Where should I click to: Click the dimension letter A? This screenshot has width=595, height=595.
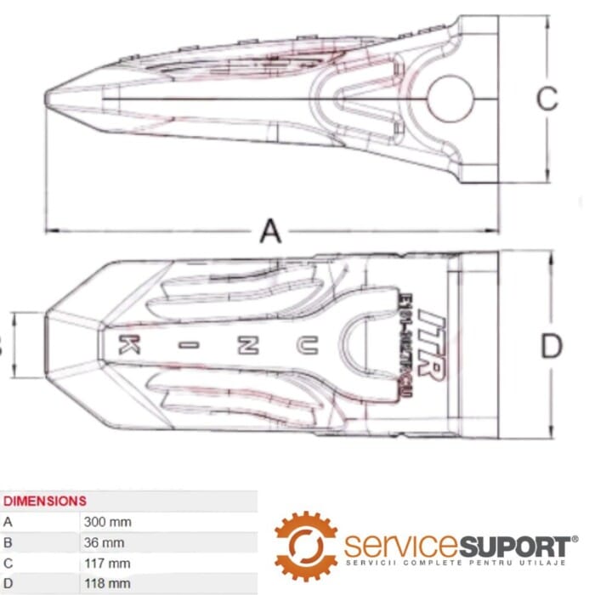269,230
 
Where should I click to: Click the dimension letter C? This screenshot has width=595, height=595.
547,99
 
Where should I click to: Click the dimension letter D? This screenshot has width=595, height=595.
552,346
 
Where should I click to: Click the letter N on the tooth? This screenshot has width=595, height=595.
247,344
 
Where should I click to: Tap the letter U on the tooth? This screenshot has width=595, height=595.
303,344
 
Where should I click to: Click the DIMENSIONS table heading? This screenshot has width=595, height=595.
45,501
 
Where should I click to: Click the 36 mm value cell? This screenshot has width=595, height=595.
105,542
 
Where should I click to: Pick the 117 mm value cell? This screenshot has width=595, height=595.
108,563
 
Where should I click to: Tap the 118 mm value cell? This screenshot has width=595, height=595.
108,583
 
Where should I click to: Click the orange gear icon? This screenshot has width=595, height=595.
306,545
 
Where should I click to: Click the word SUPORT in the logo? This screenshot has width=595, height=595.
518,545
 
